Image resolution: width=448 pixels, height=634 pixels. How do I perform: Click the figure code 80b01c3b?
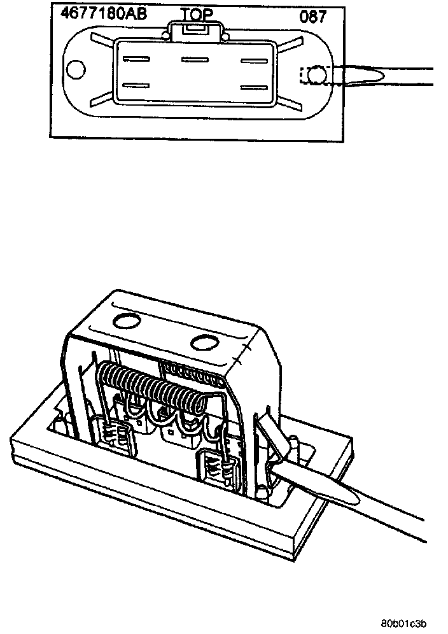coord(404,623)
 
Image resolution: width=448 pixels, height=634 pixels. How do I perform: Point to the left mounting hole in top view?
coord(77,70)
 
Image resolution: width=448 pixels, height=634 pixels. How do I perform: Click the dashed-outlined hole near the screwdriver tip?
coord(314,76)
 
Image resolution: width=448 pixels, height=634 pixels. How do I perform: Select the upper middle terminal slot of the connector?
coord(195,60)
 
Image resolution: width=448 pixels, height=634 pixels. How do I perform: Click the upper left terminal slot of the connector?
coord(136,60)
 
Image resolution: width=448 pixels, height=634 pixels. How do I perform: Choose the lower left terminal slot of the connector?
coord(136,85)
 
